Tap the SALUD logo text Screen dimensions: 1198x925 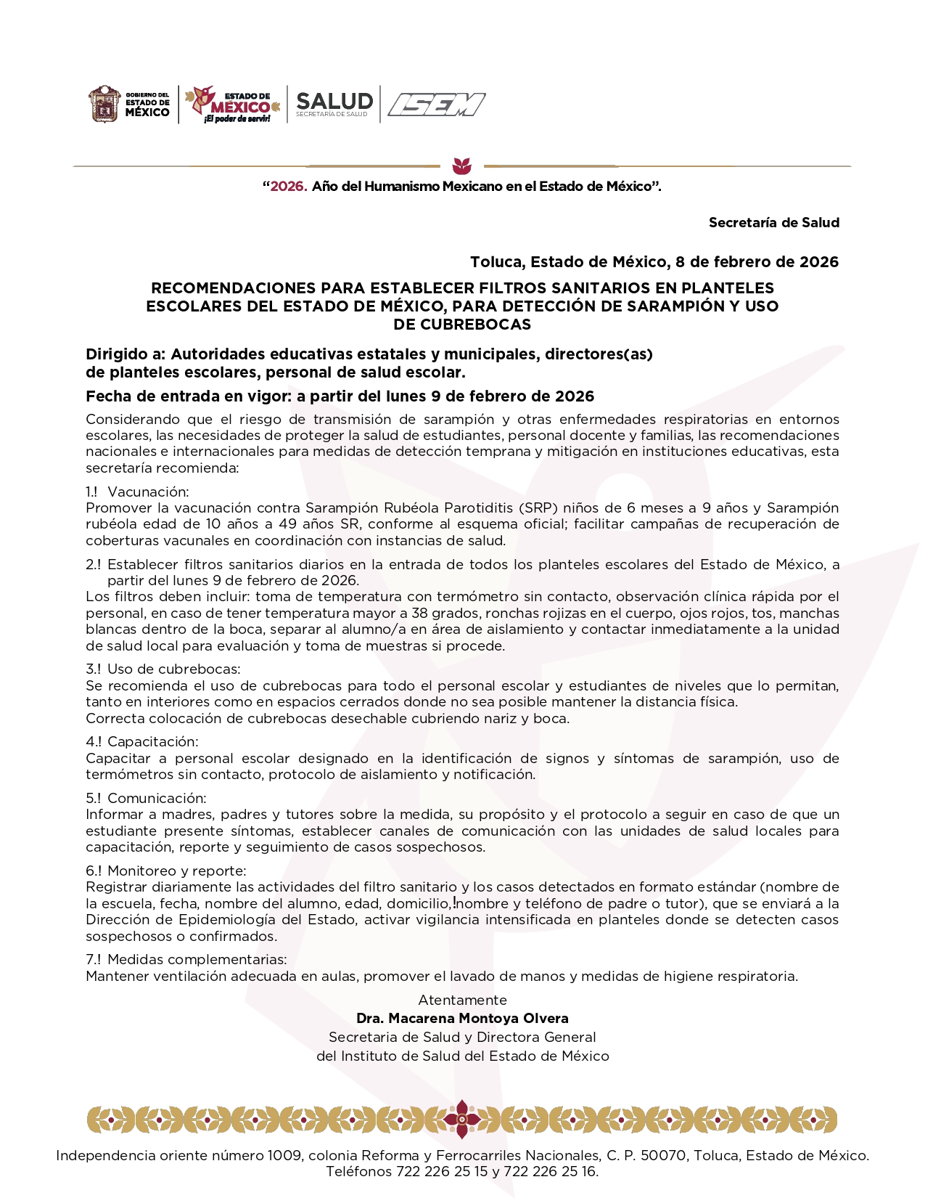click(x=334, y=102)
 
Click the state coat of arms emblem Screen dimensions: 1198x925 click(x=104, y=105)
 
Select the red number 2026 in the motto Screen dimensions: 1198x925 click(x=289, y=187)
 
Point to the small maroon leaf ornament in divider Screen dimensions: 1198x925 click(x=461, y=165)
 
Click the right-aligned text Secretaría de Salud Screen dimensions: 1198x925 click(x=773, y=223)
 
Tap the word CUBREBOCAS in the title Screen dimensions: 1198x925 click(x=462, y=325)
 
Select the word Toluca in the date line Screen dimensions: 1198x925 click(x=496, y=262)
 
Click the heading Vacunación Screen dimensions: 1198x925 click(x=148, y=492)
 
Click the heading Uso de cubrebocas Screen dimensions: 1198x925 click(x=173, y=669)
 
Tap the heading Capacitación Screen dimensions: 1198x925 click(x=152, y=741)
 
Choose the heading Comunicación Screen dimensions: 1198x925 click(x=157, y=798)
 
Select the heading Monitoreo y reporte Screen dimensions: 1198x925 click(x=176, y=871)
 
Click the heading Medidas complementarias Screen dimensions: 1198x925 click(x=197, y=960)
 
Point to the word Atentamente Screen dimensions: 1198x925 click(x=462, y=1000)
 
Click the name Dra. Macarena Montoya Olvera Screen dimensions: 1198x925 click(x=462, y=1018)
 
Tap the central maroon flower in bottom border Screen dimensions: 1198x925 click(x=461, y=1119)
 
